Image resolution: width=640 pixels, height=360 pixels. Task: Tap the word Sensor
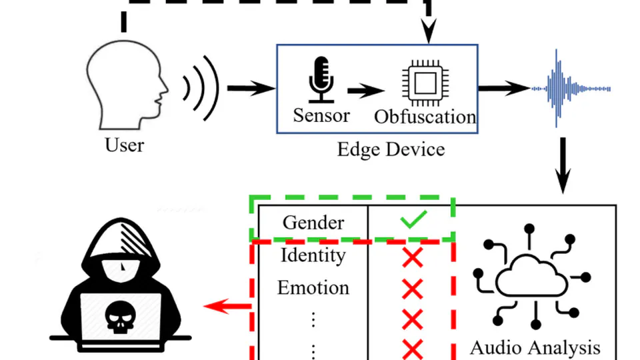(x=321, y=115)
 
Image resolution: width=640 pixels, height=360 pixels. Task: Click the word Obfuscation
(x=425, y=117)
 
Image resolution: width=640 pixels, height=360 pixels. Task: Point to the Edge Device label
(x=391, y=148)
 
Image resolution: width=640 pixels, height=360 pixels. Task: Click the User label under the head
(x=125, y=144)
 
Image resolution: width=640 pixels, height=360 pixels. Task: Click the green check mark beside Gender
(x=413, y=219)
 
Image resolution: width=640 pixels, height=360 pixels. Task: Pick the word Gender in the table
(x=313, y=222)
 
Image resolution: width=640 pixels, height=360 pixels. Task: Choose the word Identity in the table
(x=313, y=255)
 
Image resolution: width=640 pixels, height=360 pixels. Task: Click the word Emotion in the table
(x=313, y=287)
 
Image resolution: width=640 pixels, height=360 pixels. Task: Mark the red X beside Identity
(x=413, y=257)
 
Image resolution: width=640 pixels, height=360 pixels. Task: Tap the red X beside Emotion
(x=413, y=289)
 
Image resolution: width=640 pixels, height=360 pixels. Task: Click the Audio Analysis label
(x=535, y=347)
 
